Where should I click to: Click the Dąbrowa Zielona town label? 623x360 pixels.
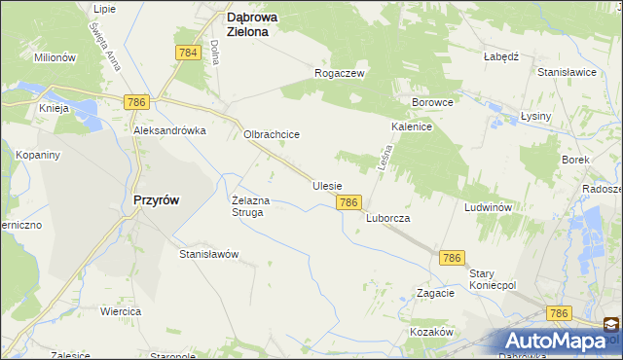[255, 23]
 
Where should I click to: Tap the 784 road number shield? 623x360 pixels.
[189, 53]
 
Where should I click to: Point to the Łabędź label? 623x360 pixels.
[499, 56]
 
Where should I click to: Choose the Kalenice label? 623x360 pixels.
[412, 126]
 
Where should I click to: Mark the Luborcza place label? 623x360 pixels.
[387, 219]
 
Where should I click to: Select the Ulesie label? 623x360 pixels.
[327, 185]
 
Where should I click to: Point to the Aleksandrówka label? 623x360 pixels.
[170, 130]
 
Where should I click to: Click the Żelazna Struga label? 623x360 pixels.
[248, 206]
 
